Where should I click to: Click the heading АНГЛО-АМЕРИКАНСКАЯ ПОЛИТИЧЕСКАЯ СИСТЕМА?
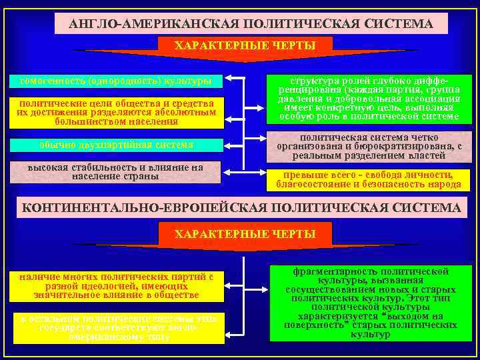pyautogui.click(x=251, y=24)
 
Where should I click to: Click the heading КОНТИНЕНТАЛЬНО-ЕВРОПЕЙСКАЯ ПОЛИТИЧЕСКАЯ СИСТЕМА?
pyautogui.click(x=241, y=208)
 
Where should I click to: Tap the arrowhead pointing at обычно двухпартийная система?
pyautogui.click(x=228, y=143)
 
